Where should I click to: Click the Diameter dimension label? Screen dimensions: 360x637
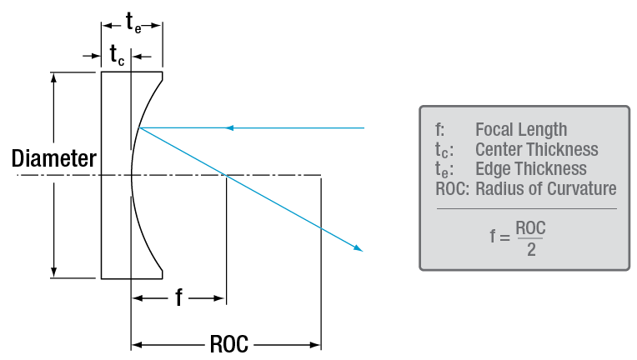tap(53, 159)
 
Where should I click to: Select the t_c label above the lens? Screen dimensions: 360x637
tap(118, 56)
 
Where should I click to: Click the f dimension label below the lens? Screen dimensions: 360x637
tap(178, 297)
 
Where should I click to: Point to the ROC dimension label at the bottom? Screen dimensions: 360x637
tap(226, 343)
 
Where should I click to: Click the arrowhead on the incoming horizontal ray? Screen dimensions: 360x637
tap(230, 128)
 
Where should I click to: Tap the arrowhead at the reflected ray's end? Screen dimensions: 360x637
tap(359, 247)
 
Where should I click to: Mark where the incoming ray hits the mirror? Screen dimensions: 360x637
tap(140, 128)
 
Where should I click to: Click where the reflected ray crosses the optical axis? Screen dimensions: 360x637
tap(225, 175)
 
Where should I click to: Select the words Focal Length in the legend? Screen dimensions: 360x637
tap(520, 129)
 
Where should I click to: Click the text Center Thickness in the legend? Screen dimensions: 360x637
tap(536, 149)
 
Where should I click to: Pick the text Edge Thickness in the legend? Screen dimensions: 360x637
tap(530, 169)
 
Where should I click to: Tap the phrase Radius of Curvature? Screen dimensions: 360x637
tap(545, 188)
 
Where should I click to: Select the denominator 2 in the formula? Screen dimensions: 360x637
tap(530, 248)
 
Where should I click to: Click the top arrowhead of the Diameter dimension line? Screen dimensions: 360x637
tap(54, 77)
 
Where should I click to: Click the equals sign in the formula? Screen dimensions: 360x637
tap(506, 237)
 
